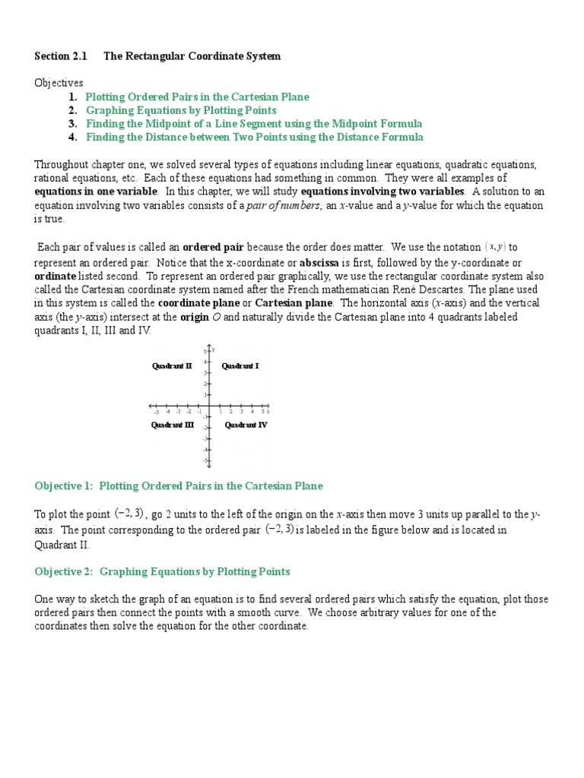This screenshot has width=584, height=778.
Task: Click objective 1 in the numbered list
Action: (197, 96)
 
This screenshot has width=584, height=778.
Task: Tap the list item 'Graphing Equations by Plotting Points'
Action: (181, 110)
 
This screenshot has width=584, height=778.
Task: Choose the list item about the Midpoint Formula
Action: (254, 124)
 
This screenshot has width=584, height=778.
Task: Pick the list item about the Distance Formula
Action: (255, 138)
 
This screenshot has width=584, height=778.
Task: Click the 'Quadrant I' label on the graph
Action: (240, 366)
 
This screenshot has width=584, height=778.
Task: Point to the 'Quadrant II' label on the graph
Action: (172, 366)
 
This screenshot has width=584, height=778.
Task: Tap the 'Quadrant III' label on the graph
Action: (173, 425)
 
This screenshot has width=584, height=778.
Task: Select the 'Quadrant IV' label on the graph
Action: (246, 425)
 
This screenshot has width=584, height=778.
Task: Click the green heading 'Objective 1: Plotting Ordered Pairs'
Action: (179, 486)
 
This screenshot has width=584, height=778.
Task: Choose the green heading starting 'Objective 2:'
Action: (162, 571)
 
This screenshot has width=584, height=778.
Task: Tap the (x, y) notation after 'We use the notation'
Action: (495, 247)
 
